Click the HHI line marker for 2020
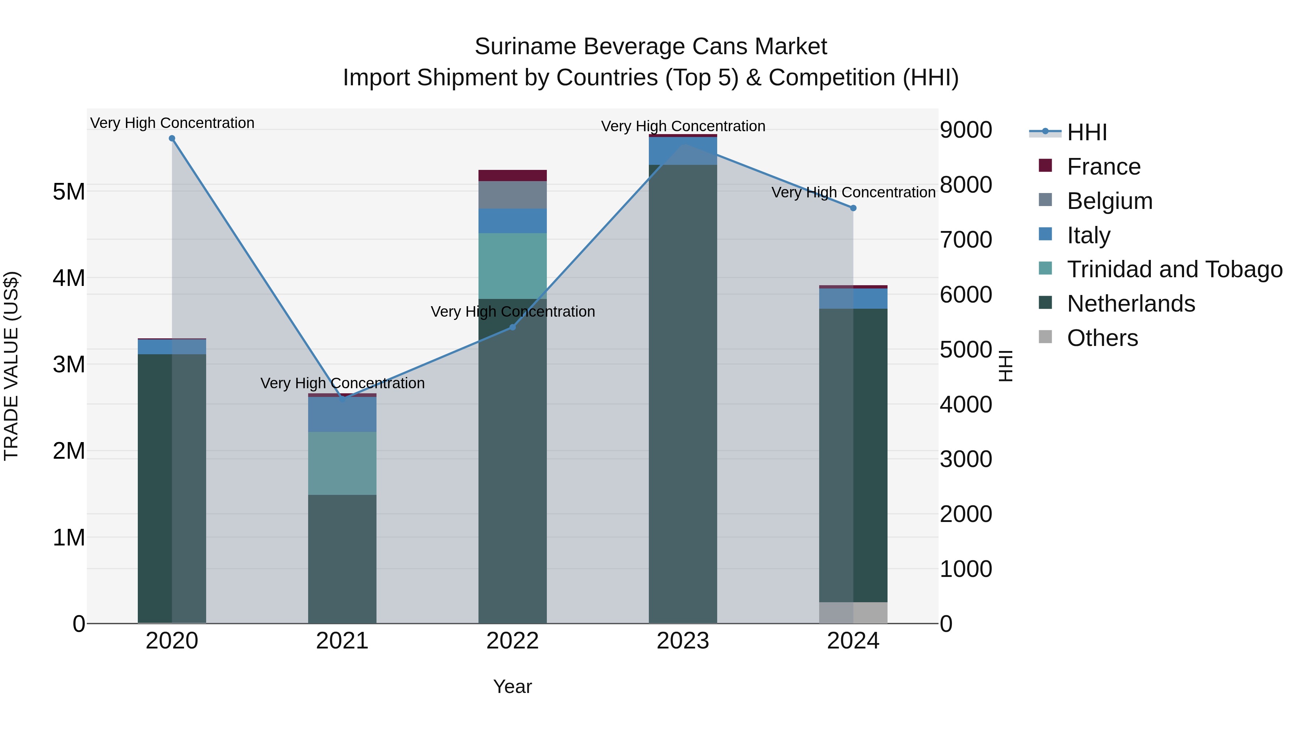[x=172, y=138]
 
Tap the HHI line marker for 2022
[x=512, y=328]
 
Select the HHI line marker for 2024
[x=853, y=208]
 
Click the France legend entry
[x=1103, y=167]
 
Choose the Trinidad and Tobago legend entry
[x=1174, y=269]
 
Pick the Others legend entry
[x=1102, y=338]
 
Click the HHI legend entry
[x=1087, y=132]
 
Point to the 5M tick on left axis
[x=69, y=192]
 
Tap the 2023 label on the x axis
[x=683, y=641]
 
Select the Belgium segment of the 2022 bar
[x=512, y=195]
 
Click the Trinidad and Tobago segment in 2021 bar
[x=342, y=463]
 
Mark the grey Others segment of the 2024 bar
[x=853, y=612]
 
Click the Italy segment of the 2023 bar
[x=683, y=150]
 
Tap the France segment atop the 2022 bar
[x=512, y=175]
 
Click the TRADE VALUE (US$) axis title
[x=11, y=366]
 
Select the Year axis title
[x=512, y=686]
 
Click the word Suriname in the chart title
[x=525, y=47]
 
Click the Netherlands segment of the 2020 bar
[x=172, y=488]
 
